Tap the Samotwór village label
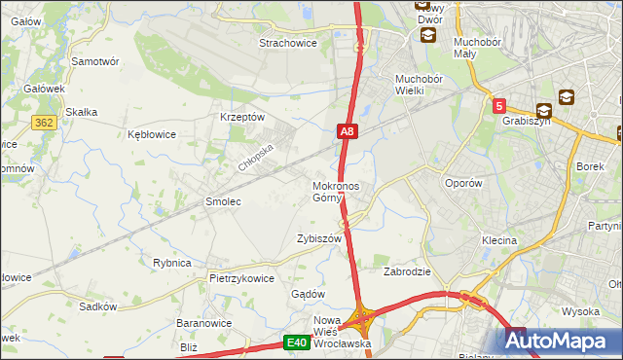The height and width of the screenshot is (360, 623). pos(95,60)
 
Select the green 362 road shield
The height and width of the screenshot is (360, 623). pos(42,122)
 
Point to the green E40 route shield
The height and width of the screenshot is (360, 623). pos(297,342)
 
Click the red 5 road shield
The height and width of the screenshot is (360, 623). pos(498,105)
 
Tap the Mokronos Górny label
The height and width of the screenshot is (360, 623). pos(336,192)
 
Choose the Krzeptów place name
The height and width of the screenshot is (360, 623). pos(243,117)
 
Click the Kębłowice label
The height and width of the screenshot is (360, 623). pos(152,134)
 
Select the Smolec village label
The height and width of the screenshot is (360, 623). pos(222,201)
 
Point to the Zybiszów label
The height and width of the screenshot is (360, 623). pos(319,238)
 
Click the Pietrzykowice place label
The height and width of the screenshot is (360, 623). pos(241,277)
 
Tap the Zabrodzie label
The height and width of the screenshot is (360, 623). pos(407,271)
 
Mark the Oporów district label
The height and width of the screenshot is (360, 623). pos(463,183)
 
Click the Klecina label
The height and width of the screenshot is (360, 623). pos(498,239)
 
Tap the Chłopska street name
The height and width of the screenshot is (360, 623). pos(258,154)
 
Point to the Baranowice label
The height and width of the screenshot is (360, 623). pos(202,322)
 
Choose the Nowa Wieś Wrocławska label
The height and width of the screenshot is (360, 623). pos(338,333)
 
